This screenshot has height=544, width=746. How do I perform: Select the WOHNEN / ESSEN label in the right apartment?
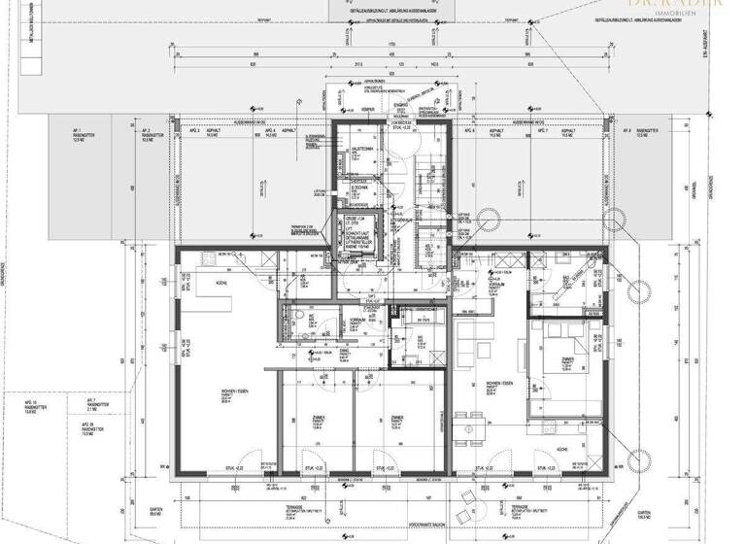tap(500, 385)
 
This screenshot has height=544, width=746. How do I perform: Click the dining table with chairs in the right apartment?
tap(473, 423)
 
